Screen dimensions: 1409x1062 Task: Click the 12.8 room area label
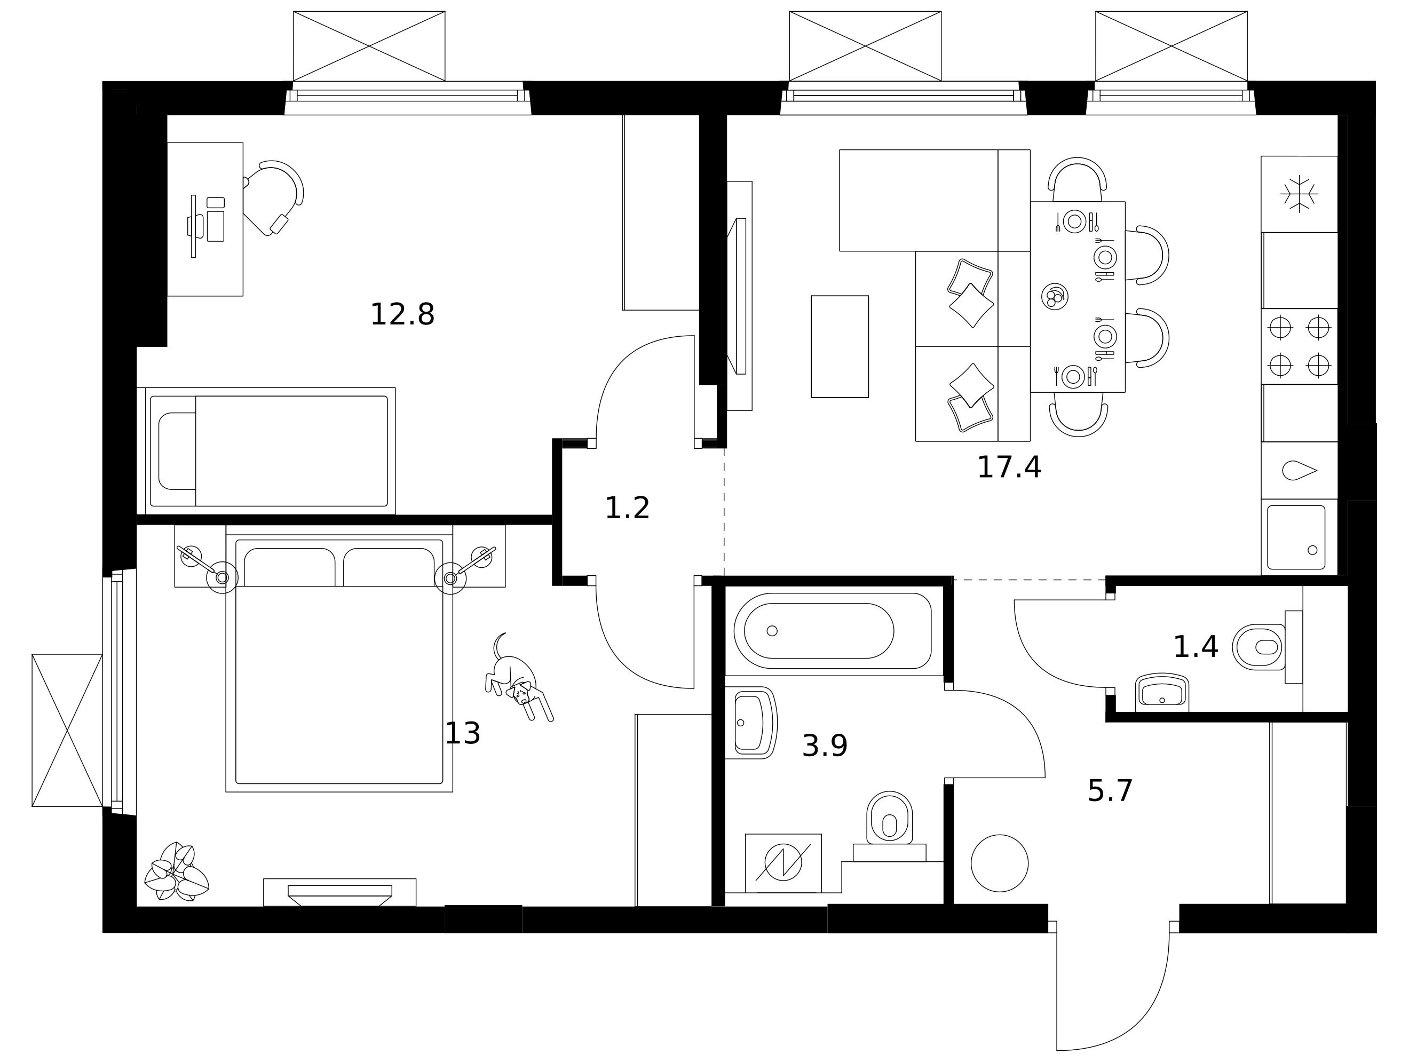402,315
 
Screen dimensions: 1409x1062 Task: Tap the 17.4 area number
1009,467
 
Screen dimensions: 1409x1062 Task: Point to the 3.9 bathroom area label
825,746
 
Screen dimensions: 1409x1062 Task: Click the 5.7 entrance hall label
1110,791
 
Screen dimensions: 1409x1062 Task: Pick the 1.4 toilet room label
1196,647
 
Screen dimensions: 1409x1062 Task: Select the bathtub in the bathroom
833,631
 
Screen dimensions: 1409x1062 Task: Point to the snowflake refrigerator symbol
1299,194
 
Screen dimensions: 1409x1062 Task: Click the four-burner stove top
1299,346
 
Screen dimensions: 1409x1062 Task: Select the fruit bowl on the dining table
1055,297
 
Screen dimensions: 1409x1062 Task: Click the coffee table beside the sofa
840,346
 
